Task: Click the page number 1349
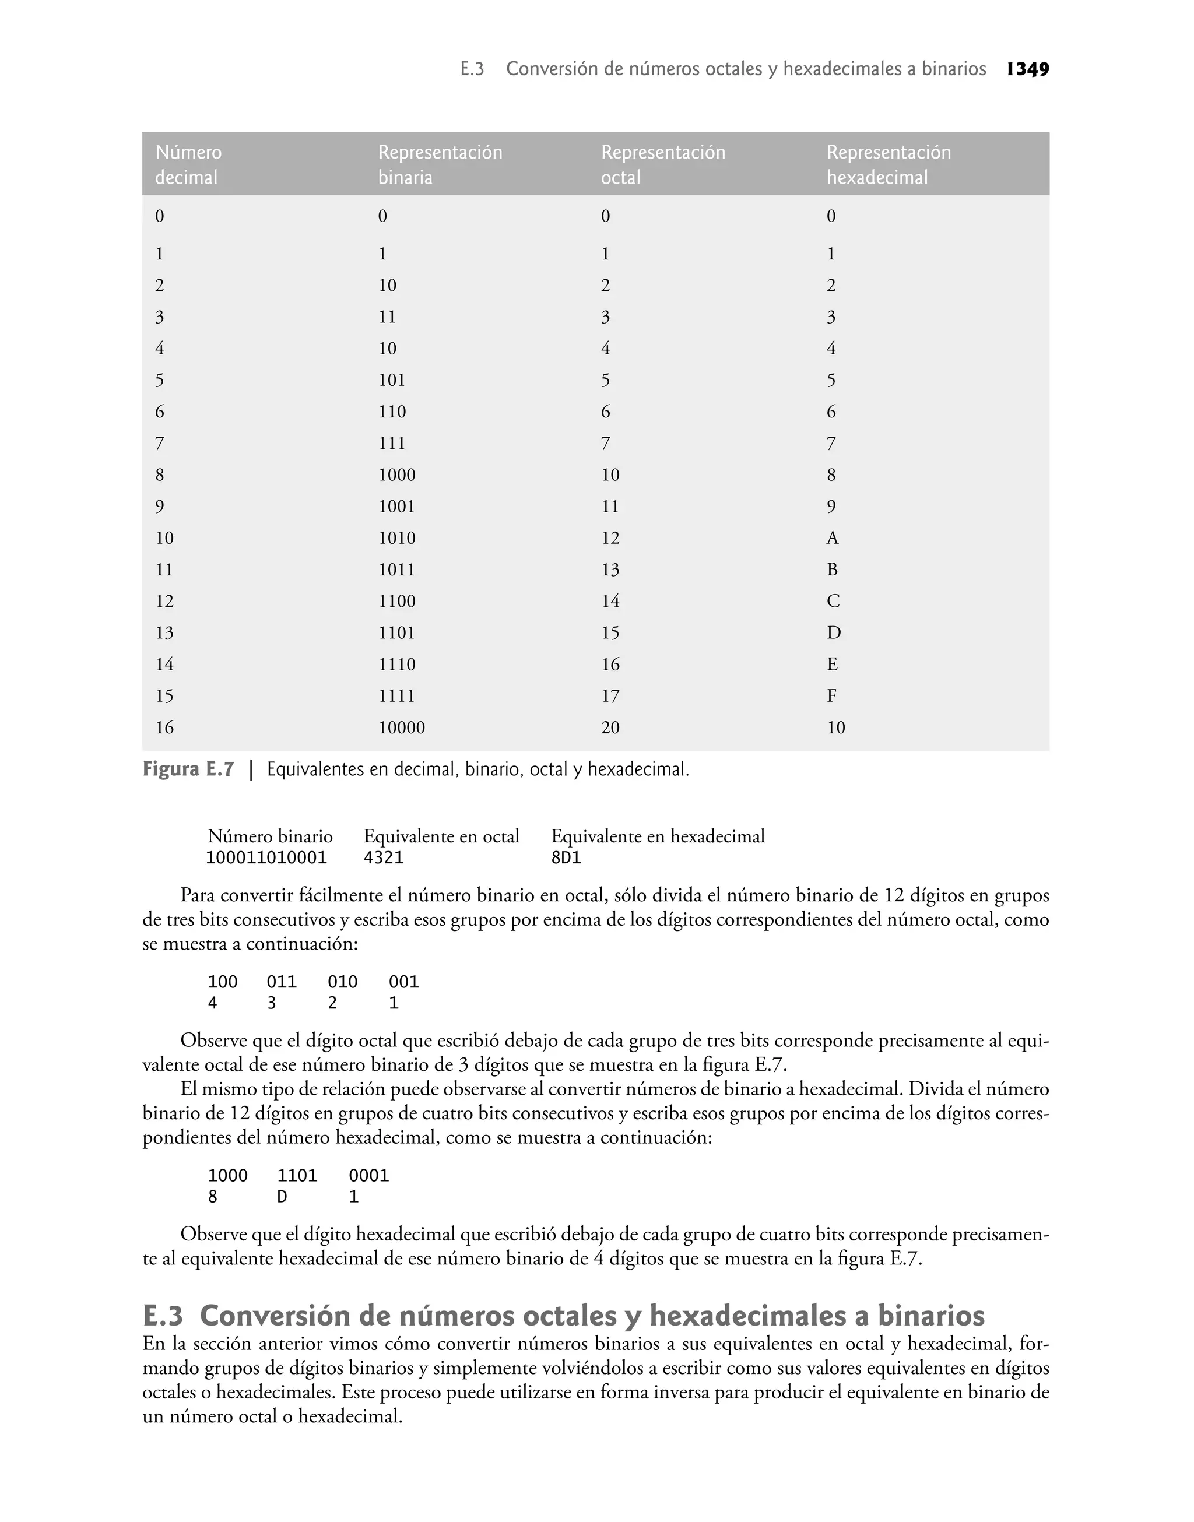(x=1028, y=69)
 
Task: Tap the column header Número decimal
(x=188, y=165)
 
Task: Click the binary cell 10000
(x=401, y=727)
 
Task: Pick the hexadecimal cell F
(x=832, y=696)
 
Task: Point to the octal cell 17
(x=610, y=696)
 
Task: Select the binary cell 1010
(x=396, y=538)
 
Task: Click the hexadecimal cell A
(x=832, y=538)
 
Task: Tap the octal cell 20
(x=610, y=727)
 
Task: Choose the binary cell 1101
(x=396, y=633)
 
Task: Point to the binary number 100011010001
(x=266, y=857)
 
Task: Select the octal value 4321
(x=384, y=857)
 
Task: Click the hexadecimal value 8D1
(x=566, y=857)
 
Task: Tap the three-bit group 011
(x=282, y=982)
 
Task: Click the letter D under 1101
(x=282, y=1197)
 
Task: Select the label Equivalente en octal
(x=441, y=836)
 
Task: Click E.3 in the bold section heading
(x=163, y=1317)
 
